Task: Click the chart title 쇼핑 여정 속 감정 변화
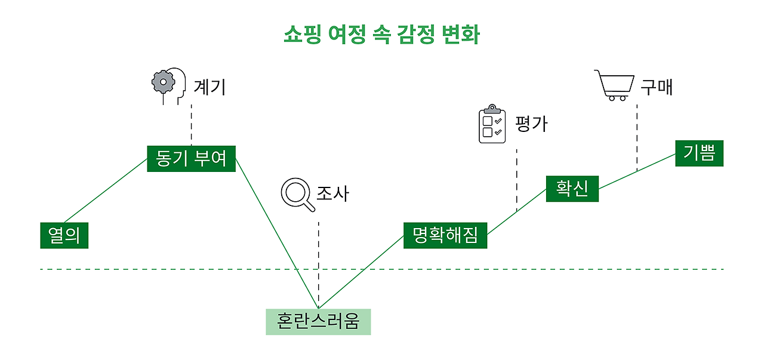[381, 35]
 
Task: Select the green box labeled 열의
[64, 235]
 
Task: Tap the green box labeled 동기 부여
[191, 158]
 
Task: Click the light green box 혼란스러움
[318, 322]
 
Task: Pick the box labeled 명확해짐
[445, 235]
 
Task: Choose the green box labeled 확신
[572, 189]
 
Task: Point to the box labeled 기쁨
[699, 153]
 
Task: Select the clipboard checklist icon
[492, 124]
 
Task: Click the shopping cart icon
[614, 85]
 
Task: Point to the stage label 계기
[210, 88]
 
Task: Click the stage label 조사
[332, 193]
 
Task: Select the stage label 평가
[531, 124]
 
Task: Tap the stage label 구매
[657, 87]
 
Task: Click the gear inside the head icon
[162, 82]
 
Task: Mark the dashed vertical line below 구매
[636, 137]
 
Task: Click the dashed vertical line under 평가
[516, 179]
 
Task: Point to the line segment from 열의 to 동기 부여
[106, 190]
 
